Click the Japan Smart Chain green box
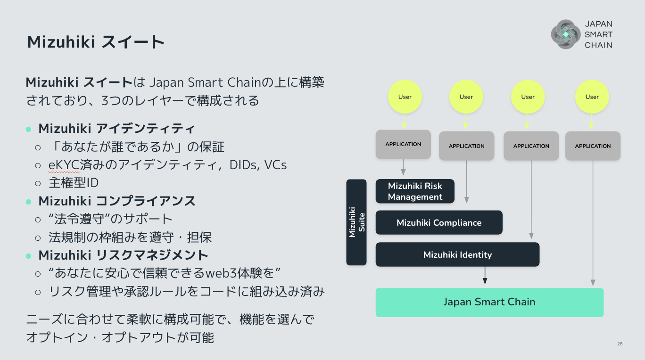point(489,302)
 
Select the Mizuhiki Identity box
point(457,254)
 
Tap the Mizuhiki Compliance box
point(439,222)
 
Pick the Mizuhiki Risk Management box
point(415,191)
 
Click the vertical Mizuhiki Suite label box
point(356,222)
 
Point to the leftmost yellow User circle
point(405,97)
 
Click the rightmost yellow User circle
point(592,97)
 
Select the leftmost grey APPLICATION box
point(403,144)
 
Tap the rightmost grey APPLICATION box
point(593,146)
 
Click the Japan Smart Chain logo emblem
point(566,34)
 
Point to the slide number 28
point(620,344)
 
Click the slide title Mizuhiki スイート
point(96,42)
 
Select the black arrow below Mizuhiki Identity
point(485,276)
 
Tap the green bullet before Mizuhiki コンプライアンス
point(28,201)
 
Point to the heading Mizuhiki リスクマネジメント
point(123,255)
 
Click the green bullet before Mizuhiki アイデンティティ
point(28,129)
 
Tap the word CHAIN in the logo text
point(598,45)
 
